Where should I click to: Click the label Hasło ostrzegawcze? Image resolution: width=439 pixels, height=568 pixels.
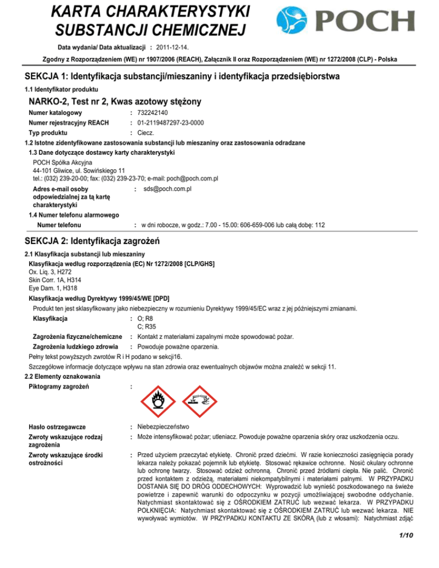(x=57, y=427)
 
